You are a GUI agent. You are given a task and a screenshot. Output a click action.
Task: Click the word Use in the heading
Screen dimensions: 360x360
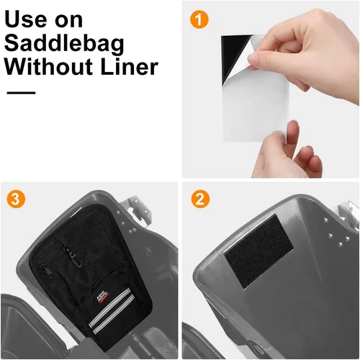pos(26,19)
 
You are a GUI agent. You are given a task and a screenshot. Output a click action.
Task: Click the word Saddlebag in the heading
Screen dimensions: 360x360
pos(64,44)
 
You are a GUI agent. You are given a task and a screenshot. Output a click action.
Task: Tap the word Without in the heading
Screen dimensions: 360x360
pos(49,66)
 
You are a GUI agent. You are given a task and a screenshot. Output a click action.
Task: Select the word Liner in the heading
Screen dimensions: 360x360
pos(130,66)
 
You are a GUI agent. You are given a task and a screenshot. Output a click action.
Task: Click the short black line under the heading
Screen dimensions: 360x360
pos(22,92)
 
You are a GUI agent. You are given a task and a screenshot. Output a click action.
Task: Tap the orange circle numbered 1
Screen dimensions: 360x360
pos(199,20)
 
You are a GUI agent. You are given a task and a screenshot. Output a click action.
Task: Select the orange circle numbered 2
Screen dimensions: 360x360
pos(200,199)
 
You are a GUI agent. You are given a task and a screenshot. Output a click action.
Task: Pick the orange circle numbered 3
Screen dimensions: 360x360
pos(16,199)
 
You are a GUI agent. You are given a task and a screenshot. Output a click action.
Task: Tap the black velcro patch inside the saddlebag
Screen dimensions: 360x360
pos(258,251)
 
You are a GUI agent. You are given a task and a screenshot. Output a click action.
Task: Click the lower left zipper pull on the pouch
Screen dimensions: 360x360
pos(49,272)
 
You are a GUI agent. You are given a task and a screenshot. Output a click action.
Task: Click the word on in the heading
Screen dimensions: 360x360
pos(68,21)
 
